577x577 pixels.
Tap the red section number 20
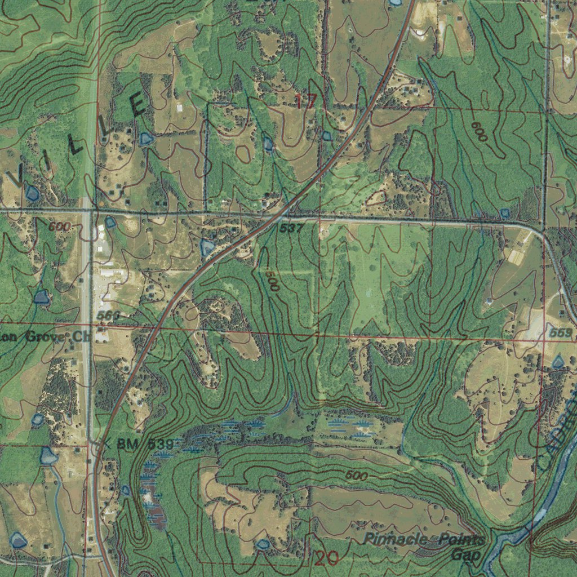pos(326,558)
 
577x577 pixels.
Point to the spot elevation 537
pos(291,228)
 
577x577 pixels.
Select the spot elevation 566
pos(108,316)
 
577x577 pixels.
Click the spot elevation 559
pos(561,333)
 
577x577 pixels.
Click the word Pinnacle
pos(393,539)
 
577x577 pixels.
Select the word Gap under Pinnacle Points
pos(466,554)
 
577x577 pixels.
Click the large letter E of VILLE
pos(138,106)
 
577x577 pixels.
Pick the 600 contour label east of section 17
pos(480,131)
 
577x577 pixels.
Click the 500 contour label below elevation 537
pos(272,281)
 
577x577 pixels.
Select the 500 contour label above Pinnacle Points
pos(357,476)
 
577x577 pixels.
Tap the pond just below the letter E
pos(147,139)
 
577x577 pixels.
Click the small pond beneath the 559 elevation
pos(558,362)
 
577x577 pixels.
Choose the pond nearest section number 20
pos(262,545)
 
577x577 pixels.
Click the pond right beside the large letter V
pos(32,194)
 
